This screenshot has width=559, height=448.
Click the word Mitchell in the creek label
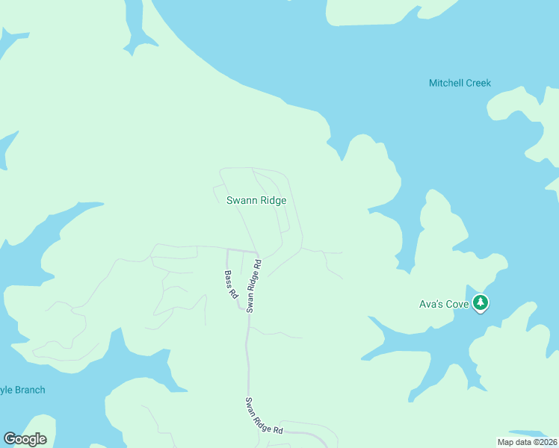pyautogui.click(x=446, y=83)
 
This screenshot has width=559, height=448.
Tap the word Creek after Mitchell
pyautogui.click(x=478, y=83)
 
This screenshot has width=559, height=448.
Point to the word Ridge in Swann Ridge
pyautogui.click(x=273, y=200)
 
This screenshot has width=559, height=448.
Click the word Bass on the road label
pyautogui.click(x=228, y=278)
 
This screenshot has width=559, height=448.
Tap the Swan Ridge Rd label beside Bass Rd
pyautogui.click(x=253, y=285)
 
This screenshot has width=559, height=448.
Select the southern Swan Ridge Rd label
pyautogui.click(x=265, y=417)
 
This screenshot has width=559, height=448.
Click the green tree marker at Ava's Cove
pyautogui.click(x=482, y=302)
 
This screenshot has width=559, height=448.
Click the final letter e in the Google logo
pyautogui.click(x=43, y=440)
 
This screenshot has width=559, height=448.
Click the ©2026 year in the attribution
pyautogui.click(x=545, y=442)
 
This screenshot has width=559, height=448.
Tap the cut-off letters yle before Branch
pyautogui.click(x=7, y=390)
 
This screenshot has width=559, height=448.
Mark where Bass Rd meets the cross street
pyautogui.click(x=226, y=249)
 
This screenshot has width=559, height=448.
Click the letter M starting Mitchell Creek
pyautogui.click(x=433, y=83)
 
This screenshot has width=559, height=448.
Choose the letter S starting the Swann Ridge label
pyautogui.click(x=229, y=200)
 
